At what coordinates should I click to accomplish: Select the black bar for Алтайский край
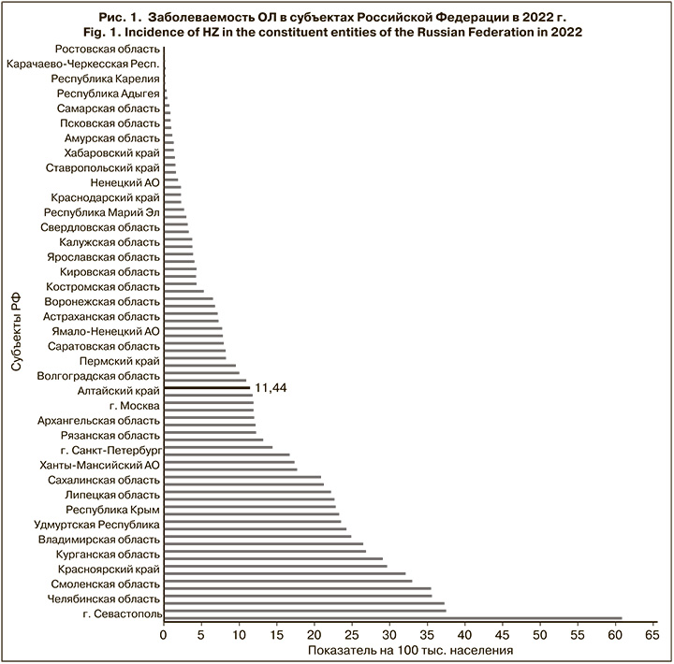207,387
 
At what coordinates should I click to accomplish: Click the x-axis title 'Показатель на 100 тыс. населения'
410,650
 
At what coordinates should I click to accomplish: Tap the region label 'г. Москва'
134,406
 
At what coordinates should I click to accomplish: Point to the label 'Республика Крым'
112,511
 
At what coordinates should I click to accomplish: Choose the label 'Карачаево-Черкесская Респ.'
82,65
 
